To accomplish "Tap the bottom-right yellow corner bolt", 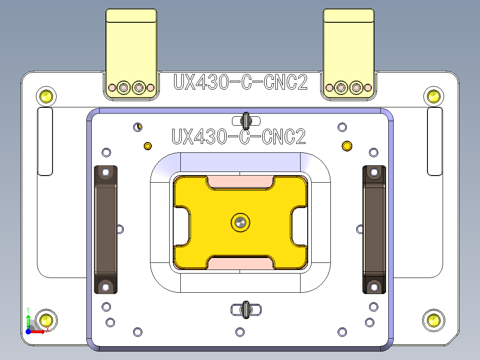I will click(x=434, y=319).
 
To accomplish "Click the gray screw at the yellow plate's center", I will click(x=240, y=221).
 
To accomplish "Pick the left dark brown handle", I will click(x=106, y=229).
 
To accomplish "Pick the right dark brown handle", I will click(x=374, y=229).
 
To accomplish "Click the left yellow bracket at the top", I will click(x=131, y=49).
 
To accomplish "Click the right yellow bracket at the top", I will click(x=349, y=49).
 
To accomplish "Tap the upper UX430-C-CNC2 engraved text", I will click(x=240, y=82).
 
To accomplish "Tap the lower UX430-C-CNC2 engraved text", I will click(x=239, y=137).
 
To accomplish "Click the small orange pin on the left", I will click(x=148, y=146).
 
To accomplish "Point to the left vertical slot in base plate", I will click(x=45, y=141).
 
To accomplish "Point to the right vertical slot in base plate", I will click(x=435, y=141).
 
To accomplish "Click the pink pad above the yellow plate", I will click(x=240, y=181).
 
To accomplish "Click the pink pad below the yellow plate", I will click(x=240, y=264).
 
